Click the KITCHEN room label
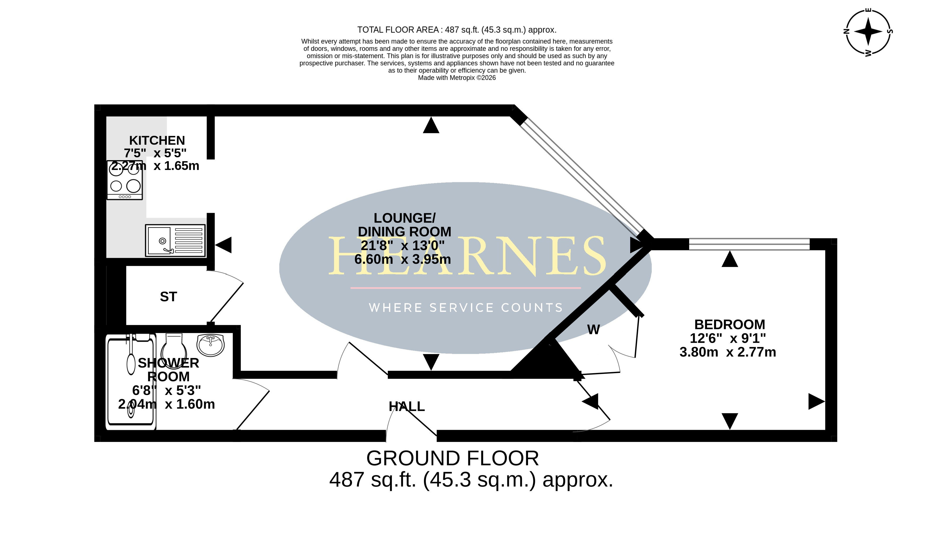pos(157,140)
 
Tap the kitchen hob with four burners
pos(125,180)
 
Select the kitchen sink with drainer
pos(175,240)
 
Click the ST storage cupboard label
pos(169,297)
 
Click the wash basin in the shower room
pos(211,345)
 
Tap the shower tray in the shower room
pos(131,381)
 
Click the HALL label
pos(407,406)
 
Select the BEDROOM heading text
pos(730,324)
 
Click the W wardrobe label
pos(593,329)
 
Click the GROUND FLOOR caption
pos(452,458)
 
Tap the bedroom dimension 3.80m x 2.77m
pos(728,352)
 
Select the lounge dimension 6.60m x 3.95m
pos(402,260)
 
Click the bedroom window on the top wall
pos(749,244)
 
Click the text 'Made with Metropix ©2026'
pos(457,78)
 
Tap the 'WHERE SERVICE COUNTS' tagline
pos(466,308)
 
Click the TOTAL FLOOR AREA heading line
pos(457,30)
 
